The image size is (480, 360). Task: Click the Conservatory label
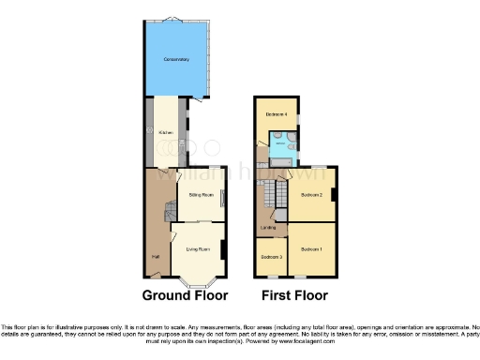coord(176,60)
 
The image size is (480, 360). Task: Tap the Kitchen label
coord(166,133)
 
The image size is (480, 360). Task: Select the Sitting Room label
coord(202,195)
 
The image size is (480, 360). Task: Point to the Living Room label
coord(198,247)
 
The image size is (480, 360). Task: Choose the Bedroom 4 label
coord(276,114)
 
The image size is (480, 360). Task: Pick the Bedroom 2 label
coord(312,195)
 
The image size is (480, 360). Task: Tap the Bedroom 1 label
coord(311,249)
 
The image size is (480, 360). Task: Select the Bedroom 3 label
coord(271,256)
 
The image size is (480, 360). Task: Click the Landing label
coord(267,227)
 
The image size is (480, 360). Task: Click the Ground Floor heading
coord(185,295)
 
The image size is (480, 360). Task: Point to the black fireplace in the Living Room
coord(223,249)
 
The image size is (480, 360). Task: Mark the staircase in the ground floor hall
coord(170,214)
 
